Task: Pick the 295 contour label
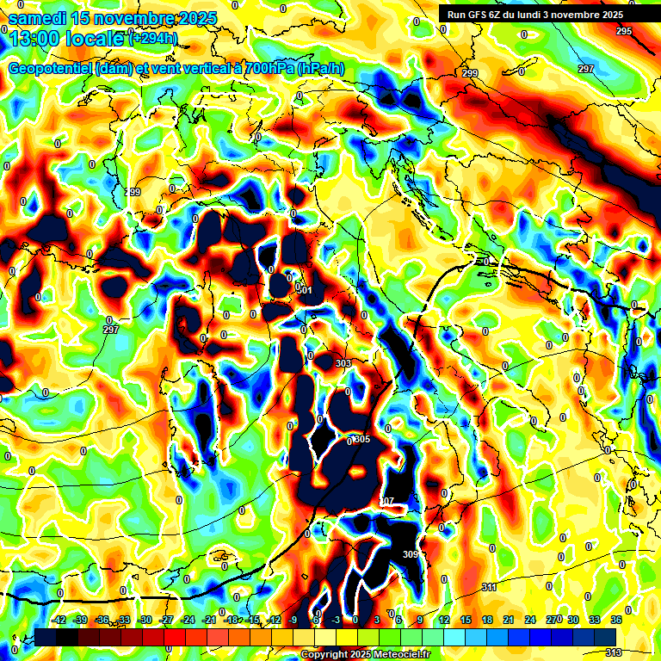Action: (x=624, y=31)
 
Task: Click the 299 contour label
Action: (x=470, y=74)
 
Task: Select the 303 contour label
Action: (x=343, y=364)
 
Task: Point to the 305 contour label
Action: (x=362, y=440)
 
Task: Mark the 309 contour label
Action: (x=410, y=554)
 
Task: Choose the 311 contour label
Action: (x=489, y=587)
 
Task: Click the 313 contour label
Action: (x=613, y=652)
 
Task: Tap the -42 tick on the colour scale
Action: (x=59, y=621)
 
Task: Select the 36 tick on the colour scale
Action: (x=616, y=621)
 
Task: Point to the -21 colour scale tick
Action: (x=209, y=621)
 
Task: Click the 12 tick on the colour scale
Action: (x=444, y=621)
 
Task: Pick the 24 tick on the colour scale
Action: (x=530, y=621)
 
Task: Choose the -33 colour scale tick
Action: (x=124, y=621)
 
